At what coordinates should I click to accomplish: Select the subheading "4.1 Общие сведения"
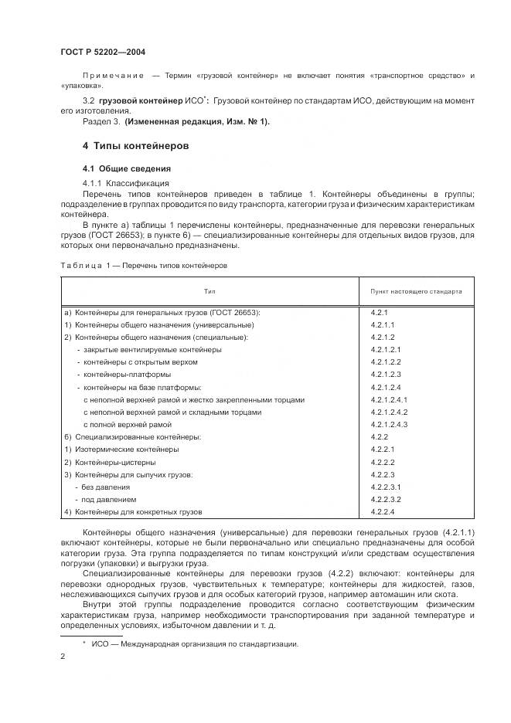click(127, 168)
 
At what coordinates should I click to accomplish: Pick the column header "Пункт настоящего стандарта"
click(417, 292)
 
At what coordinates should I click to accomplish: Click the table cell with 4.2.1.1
click(383, 324)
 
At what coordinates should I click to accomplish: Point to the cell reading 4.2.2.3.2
click(387, 499)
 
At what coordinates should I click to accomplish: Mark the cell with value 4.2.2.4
click(383, 511)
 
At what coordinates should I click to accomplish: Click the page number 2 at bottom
click(63, 656)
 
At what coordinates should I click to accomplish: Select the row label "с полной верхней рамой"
click(127, 424)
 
